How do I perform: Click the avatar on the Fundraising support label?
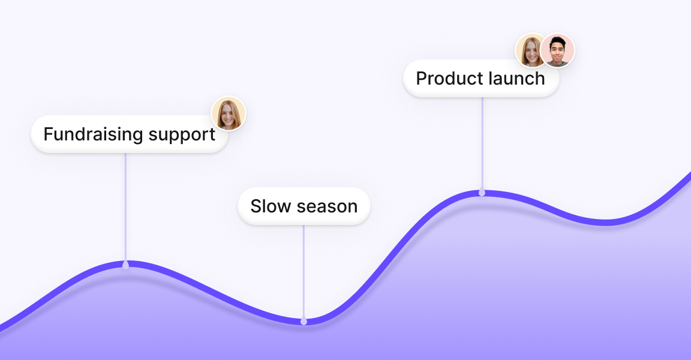point(229,113)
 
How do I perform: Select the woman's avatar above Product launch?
point(531,50)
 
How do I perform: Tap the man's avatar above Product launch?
point(557,50)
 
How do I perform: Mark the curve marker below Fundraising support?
point(125,265)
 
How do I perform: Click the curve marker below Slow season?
point(304,322)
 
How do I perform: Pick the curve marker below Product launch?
point(482,193)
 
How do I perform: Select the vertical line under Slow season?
point(304,270)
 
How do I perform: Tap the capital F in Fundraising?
point(48,134)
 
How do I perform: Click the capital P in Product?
point(421,79)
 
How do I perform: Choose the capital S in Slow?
point(256,206)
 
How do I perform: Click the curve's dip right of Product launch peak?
point(606,223)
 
